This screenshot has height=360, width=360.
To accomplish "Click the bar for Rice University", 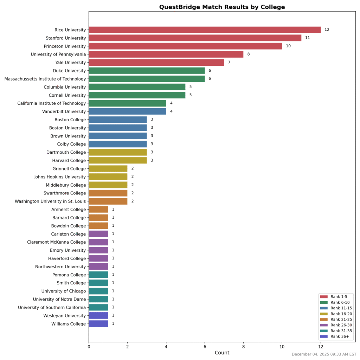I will pyautogui.click(x=205, y=30).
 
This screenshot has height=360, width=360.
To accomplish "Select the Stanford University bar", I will pyautogui.click(x=195, y=38).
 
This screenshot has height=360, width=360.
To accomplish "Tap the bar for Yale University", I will pyautogui.click(x=156, y=63).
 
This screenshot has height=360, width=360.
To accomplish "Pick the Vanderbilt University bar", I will pyautogui.click(x=127, y=111).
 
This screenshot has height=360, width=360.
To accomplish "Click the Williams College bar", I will pyautogui.click(x=98, y=324).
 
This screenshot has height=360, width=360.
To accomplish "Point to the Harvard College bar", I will pyautogui.click(x=117, y=161).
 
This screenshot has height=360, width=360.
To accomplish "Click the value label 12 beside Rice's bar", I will pyautogui.click(x=327, y=30).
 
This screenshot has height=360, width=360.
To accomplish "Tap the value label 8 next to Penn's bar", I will pyautogui.click(x=249, y=54).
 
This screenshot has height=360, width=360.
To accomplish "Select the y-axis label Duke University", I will pyautogui.click(x=66, y=71).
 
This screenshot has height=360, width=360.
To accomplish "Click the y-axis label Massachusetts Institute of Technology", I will pyautogui.click(x=45, y=79).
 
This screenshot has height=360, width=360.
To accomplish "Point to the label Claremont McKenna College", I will pyautogui.click(x=57, y=242).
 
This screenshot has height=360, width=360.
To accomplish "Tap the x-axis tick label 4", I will pyautogui.click(x=166, y=347).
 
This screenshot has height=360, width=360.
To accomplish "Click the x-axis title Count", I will pyautogui.click(x=222, y=353).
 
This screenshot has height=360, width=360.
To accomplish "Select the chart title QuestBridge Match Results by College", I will pyautogui.click(x=222, y=7).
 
